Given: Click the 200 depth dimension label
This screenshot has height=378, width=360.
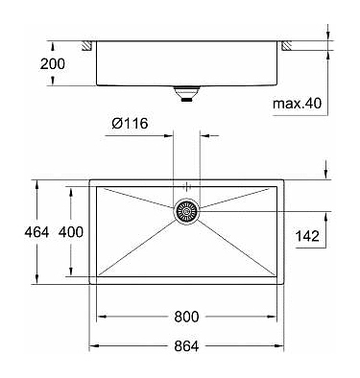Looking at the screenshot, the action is point(52,64).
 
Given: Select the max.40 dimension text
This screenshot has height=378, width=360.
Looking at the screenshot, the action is point(297,104).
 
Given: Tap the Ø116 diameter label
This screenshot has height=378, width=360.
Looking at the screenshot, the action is point(130,123).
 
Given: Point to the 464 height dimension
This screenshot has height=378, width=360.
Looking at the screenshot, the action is point(36,232).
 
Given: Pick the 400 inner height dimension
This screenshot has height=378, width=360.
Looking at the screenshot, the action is point(71,232).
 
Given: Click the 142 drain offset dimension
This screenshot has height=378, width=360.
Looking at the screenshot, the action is point(307,236).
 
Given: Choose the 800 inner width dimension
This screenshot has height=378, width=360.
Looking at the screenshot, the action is point(186,317).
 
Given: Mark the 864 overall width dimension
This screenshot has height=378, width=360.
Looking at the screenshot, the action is point(186,346).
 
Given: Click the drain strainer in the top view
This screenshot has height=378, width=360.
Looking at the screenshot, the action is point(187,211).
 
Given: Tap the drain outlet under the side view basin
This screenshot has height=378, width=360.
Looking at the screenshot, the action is point(186,94).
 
